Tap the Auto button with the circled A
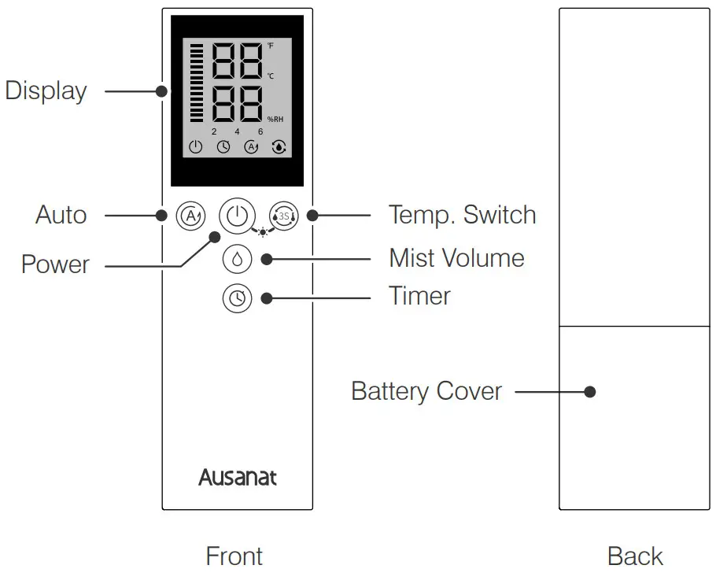[x=190, y=215]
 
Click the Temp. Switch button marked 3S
[x=284, y=216]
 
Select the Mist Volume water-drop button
[x=237, y=258]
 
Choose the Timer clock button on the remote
[x=237, y=298]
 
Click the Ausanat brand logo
[x=237, y=477]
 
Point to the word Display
[x=46, y=91]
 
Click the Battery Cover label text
[x=426, y=391]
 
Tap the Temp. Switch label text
[x=462, y=215]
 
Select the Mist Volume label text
[x=456, y=257]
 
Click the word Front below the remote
[x=234, y=556]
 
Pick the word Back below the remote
[x=635, y=556]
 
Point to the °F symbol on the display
[x=271, y=46]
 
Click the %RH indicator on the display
[x=275, y=119]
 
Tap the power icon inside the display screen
[x=196, y=146]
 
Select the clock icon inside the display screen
[x=223, y=146]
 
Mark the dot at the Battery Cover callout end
[x=590, y=391]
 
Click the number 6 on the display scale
[x=260, y=131]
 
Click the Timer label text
[x=419, y=296]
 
